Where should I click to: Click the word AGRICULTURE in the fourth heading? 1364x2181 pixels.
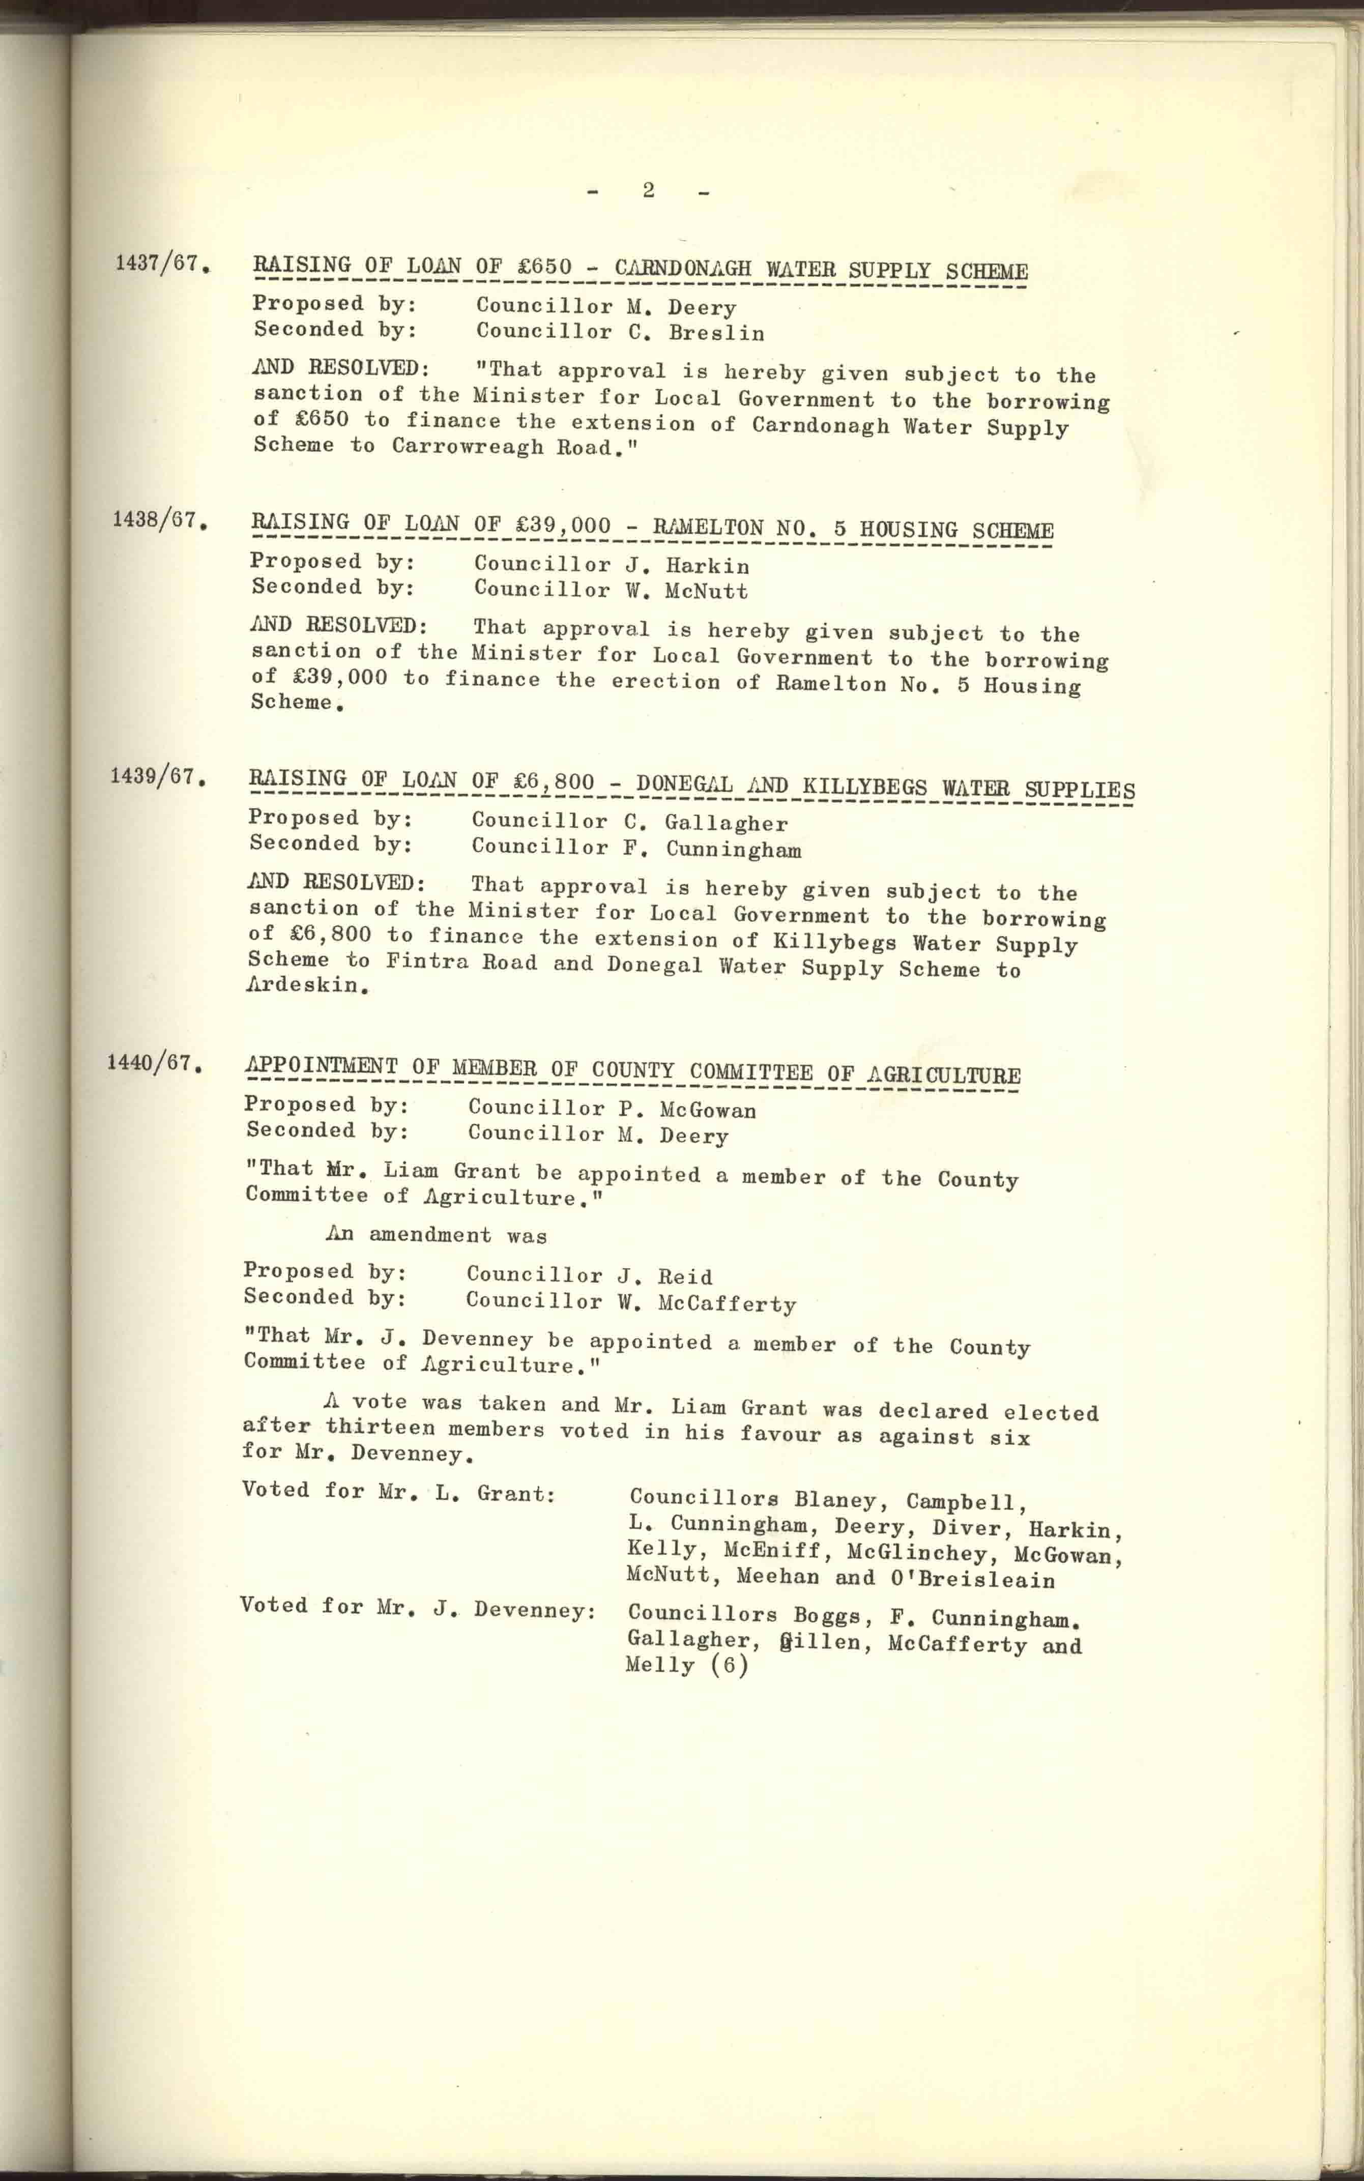click(944, 1074)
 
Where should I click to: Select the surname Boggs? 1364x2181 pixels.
click(826, 1615)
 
